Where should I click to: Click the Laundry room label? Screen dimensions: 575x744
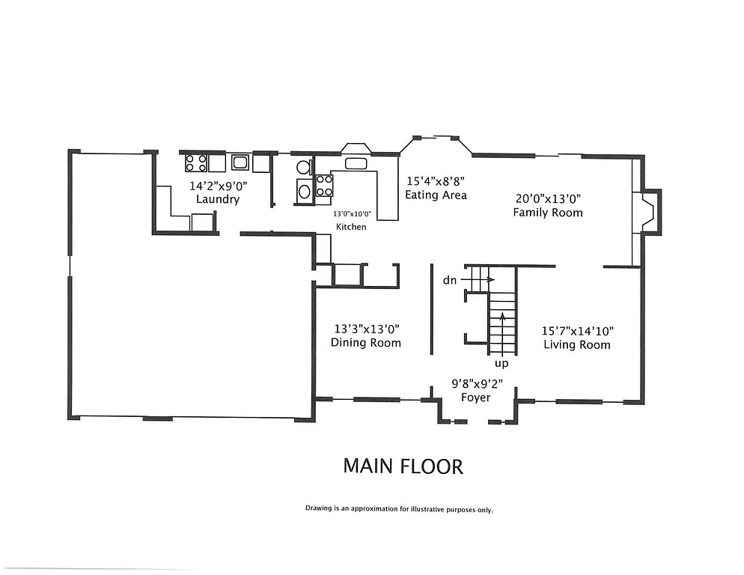pos(217,200)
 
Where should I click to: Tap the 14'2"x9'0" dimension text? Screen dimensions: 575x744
pos(217,185)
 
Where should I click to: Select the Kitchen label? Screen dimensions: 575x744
pos(351,227)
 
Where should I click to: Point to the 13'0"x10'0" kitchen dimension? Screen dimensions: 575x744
pos(353,213)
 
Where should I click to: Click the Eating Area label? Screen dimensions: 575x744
pos(436,195)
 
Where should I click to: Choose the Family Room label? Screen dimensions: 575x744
pos(547,213)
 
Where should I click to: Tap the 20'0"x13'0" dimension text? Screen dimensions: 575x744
pos(548,198)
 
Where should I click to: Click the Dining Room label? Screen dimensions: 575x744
pos(366,343)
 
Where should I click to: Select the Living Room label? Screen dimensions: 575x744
pos(576,345)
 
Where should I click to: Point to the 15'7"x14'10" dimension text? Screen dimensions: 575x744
pos(577,330)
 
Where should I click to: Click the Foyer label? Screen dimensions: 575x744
pos(475,398)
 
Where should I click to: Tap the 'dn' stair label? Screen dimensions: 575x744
pos(450,280)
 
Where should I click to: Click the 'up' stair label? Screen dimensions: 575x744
pos(501,364)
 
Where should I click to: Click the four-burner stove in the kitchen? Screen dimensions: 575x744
pos(324,185)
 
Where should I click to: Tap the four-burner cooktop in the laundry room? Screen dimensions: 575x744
pos(196,162)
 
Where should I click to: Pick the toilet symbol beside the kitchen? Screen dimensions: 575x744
pos(303,167)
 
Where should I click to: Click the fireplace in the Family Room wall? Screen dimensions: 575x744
pos(647,212)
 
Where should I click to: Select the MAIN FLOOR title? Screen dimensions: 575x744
pos(403,466)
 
